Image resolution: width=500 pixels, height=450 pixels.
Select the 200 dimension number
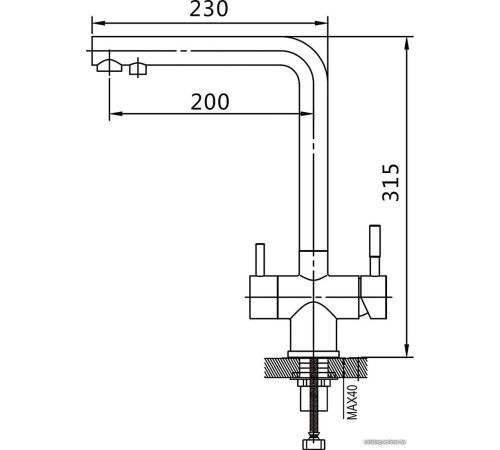(208, 101)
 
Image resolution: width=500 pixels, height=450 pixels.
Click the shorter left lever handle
(259, 259)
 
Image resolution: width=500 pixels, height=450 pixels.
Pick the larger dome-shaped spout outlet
(107, 66)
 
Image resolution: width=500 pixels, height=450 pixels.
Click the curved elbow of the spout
(304, 55)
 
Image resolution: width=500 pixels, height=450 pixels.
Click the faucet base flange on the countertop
(318, 355)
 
